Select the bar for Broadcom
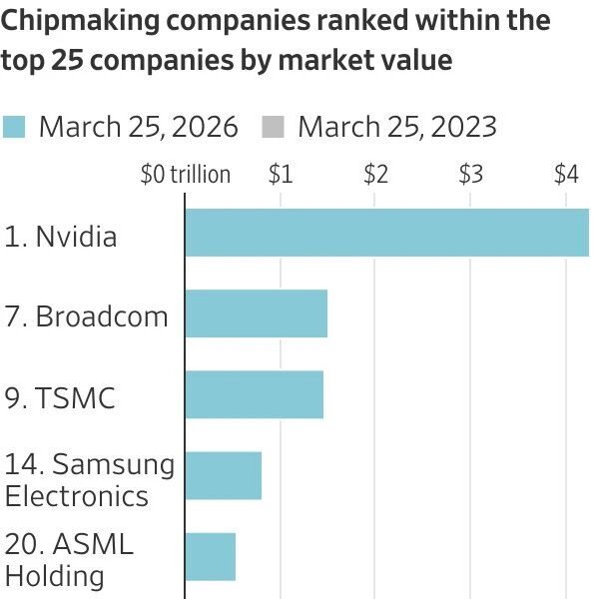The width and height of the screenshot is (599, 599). coord(257,313)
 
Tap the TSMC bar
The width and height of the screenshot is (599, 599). coord(255,394)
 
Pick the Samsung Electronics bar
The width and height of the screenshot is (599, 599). coord(224,475)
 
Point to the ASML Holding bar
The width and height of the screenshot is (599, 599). coord(211,556)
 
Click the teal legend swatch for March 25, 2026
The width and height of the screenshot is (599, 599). coord(14,127)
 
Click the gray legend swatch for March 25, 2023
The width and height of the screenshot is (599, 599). coord(273,127)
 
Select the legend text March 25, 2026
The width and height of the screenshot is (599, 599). coord(138,127)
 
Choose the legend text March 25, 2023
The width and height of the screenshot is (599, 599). coord(396,127)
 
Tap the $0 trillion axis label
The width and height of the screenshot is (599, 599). coord(186,175)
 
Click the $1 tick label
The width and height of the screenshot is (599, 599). coord(281,175)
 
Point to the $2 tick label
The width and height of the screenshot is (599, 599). coord(375,175)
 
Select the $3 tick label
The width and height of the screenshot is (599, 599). coord(470,175)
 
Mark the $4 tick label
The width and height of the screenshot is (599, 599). coord(566,175)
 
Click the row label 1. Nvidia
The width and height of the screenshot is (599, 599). coord(61,238)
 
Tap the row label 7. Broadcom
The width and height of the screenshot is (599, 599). coord(86,317)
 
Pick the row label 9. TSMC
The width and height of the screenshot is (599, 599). coord(60,398)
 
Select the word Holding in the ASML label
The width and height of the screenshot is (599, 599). coord(55,576)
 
